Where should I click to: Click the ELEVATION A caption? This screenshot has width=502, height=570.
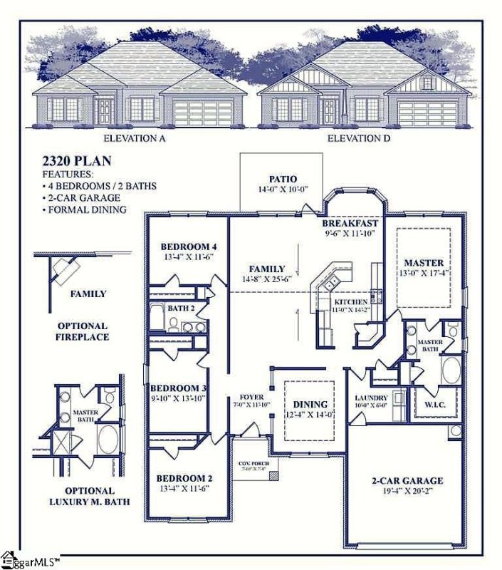135,138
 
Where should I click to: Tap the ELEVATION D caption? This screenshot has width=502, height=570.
358,138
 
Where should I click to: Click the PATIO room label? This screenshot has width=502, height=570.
283,179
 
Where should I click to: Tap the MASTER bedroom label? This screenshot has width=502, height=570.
424,263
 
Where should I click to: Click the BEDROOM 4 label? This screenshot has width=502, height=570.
189,247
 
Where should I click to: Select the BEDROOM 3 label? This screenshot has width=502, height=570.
182,388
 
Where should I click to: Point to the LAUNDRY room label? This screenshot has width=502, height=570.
371,398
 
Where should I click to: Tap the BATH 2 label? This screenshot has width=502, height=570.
182,308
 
